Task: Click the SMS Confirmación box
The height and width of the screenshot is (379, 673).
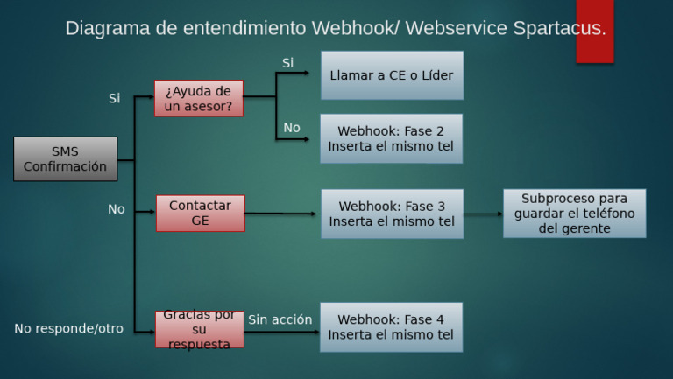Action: tap(65, 159)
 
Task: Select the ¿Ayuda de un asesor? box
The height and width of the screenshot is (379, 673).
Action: tap(199, 98)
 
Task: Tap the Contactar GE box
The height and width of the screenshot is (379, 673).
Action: tap(201, 213)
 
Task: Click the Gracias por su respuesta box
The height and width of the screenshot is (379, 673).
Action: tap(200, 329)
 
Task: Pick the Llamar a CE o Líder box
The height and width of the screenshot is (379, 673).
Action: tap(393, 75)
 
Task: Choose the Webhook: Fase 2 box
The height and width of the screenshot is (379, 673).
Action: tap(392, 138)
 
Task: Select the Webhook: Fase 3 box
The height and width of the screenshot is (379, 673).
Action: tap(393, 214)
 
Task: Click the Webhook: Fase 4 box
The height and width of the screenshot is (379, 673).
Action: tap(392, 327)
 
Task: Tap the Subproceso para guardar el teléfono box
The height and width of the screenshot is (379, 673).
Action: tap(575, 214)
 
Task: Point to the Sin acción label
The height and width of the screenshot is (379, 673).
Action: tap(280, 319)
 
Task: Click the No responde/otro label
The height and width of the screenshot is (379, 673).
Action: tap(68, 328)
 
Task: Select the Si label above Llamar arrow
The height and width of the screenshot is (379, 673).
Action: tap(287, 63)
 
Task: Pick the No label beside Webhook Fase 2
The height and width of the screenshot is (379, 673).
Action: tap(292, 127)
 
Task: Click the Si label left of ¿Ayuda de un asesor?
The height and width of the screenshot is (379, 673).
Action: tap(114, 98)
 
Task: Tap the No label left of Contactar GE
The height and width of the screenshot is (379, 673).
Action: tap(117, 209)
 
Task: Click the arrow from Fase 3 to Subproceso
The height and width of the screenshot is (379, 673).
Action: tap(484, 214)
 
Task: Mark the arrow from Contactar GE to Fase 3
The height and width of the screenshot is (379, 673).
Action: tap(280, 213)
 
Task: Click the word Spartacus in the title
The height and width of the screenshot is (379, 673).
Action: tap(559, 28)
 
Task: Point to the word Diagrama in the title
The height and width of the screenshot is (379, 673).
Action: tap(108, 28)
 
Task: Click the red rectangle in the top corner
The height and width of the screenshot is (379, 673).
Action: tap(595, 32)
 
